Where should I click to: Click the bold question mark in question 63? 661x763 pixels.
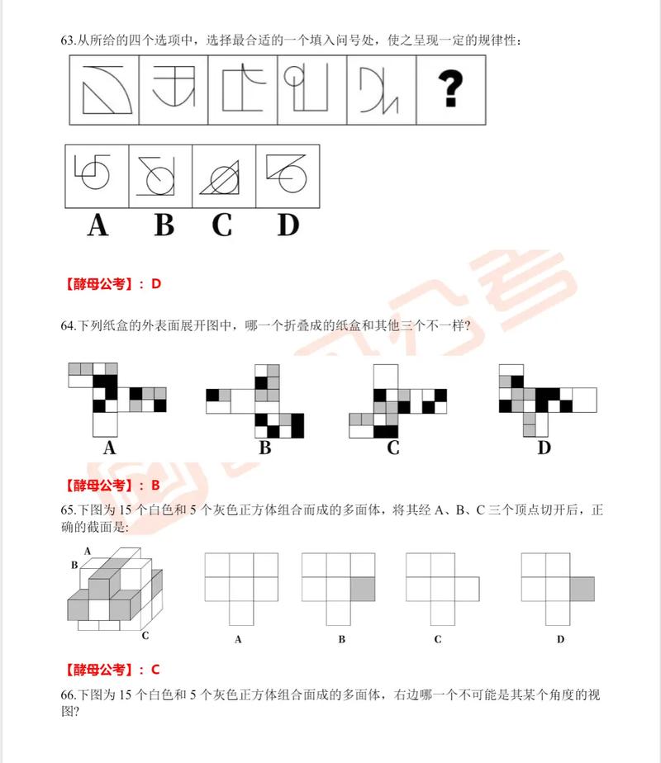tap(451, 89)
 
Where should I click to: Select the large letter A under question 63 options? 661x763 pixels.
tap(97, 225)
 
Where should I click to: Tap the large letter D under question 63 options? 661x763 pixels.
tap(287, 225)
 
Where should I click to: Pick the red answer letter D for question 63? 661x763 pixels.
tap(155, 284)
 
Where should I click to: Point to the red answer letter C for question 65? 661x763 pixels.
tap(155, 669)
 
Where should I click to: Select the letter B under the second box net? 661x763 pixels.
tap(265, 448)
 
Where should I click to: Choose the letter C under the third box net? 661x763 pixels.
tap(393, 448)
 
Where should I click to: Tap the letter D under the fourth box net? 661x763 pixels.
tap(544, 448)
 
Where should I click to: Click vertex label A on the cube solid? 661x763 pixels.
tap(87, 551)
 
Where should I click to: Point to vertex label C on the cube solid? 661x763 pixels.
tap(145, 635)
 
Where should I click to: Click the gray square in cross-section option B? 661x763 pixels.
tap(362, 589)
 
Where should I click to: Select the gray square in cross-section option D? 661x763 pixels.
tap(582, 589)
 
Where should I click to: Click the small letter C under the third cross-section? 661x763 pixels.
tap(437, 639)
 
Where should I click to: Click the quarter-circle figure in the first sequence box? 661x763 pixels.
tap(106, 90)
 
